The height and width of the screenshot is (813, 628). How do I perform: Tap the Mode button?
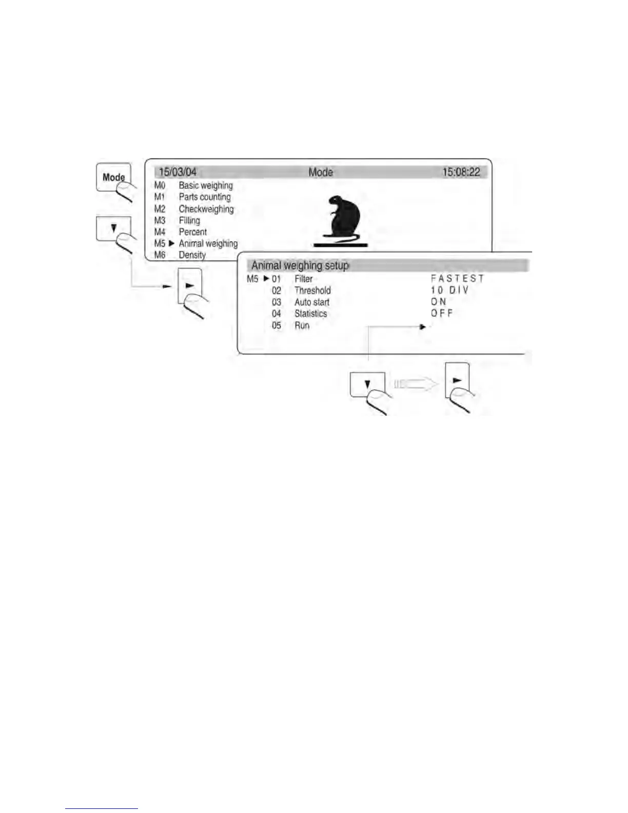pyautogui.click(x=113, y=177)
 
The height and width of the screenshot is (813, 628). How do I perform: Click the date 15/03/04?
pyautogui.click(x=178, y=172)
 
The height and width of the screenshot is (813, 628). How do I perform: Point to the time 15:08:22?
pyautogui.click(x=461, y=172)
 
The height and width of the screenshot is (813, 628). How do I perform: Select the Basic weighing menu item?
pyautogui.click(x=205, y=185)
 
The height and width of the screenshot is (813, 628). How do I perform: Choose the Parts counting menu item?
pyautogui.click(x=204, y=197)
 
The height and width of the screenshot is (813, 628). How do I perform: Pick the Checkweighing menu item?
pyautogui.click(x=206, y=209)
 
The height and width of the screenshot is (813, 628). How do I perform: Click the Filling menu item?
pyautogui.click(x=189, y=221)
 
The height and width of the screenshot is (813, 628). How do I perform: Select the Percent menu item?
pyautogui.click(x=192, y=232)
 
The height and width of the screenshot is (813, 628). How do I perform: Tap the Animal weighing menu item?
pyautogui.click(x=208, y=244)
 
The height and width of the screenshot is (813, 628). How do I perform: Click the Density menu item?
pyautogui.click(x=192, y=255)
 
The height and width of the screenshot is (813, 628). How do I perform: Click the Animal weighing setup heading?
pyautogui.click(x=300, y=266)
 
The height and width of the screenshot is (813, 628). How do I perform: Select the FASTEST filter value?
pyautogui.click(x=457, y=279)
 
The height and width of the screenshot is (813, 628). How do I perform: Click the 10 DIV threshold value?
pyautogui.click(x=449, y=291)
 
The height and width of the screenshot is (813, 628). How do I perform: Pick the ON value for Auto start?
pyautogui.click(x=438, y=302)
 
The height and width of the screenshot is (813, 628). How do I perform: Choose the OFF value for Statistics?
pyautogui.click(x=442, y=314)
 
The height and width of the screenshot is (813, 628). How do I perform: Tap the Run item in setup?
pyautogui.click(x=302, y=325)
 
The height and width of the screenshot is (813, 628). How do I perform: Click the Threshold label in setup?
pyautogui.click(x=312, y=291)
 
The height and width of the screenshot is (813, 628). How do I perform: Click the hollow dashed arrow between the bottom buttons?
pyautogui.click(x=415, y=383)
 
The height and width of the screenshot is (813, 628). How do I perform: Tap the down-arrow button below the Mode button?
pyautogui.click(x=113, y=228)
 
